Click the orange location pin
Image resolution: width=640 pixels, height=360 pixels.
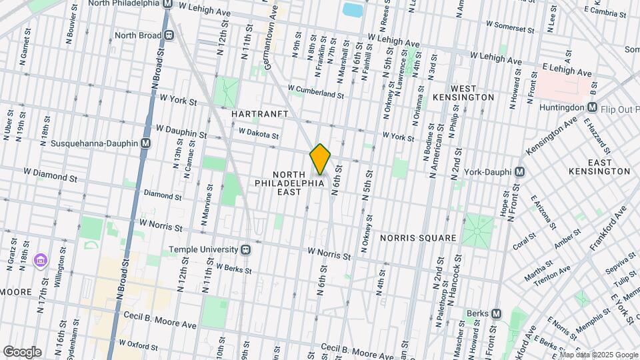pyautogui.click(x=320, y=159)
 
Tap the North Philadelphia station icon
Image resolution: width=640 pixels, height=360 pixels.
pyautogui.click(x=168, y=3)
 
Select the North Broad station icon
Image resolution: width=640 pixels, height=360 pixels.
pyautogui.click(x=170, y=35)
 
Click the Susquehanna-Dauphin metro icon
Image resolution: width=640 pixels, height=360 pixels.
pyautogui.click(x=145, y=143)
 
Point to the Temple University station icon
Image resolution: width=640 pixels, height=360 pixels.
pyautogui.click(x=246, y=249)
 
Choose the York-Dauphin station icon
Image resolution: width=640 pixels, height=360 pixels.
pyautogui.click(x=520, y=171)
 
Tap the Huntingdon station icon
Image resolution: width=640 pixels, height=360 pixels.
pyautogui.click(x=592, y=107)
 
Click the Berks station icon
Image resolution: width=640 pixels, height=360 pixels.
pyautogui.click(x=496, y=313)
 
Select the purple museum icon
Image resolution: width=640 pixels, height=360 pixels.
pyautogui.click(x=41, y=259)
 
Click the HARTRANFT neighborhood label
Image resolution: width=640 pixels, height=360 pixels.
pyautogui.click(x=259, y=114)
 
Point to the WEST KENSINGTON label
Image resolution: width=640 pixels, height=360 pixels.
pyautogui.click(x=473, y=93)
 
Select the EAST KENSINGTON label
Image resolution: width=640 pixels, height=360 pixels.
pyautogui.click(x=599, y=167)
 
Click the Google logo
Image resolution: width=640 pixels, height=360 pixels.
pyautogui.click(x=22, y=352)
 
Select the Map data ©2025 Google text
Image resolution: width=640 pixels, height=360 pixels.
pyautogui.click(x=599, y=355)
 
